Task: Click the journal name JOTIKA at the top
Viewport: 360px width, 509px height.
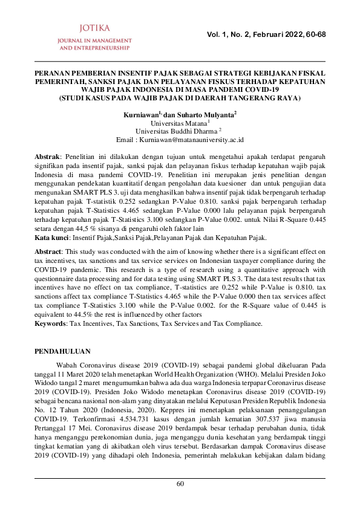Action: tap(93, 28)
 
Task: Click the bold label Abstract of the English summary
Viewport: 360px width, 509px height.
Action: tap(48, 250)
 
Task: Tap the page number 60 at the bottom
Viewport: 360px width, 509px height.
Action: tap(180, 484)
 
